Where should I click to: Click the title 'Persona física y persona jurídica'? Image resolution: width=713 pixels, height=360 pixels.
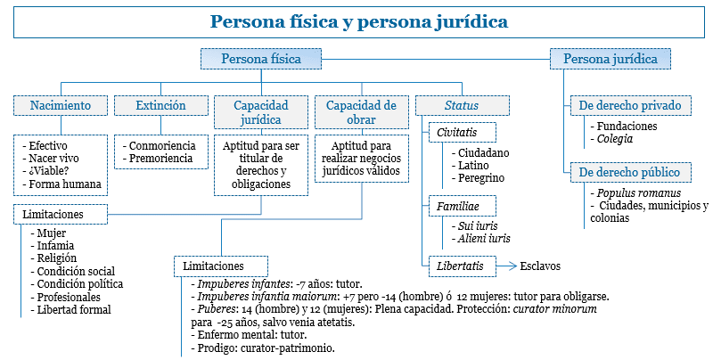click(359, 20)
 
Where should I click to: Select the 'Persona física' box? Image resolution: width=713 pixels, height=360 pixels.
click(260, 60)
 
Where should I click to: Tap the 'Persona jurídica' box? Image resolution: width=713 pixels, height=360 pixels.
click(611, 60)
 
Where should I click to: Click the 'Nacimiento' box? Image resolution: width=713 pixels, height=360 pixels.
click(61, 105)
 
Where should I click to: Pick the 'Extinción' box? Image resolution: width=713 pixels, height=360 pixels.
click(160, 105)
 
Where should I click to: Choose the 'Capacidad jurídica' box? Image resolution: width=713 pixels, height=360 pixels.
click(261, 111)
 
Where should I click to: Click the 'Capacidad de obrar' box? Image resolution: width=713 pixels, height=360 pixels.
click(361, 111)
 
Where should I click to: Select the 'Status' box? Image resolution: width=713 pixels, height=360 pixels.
click(462, 105)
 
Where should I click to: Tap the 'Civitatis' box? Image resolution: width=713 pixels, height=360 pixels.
click(457, 132)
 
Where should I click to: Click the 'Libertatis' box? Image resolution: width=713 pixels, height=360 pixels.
click(459, 265)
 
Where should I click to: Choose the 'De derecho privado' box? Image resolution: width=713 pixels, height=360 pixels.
click(629, 105)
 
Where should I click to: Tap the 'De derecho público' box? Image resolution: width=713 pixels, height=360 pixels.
click(629, 171)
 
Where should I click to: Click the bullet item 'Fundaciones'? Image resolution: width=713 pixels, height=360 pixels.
click(627, 127)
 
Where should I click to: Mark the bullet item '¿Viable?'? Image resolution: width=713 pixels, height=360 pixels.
click(56, 171)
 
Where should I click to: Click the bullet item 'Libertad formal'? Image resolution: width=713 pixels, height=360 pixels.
click(74, 310)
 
